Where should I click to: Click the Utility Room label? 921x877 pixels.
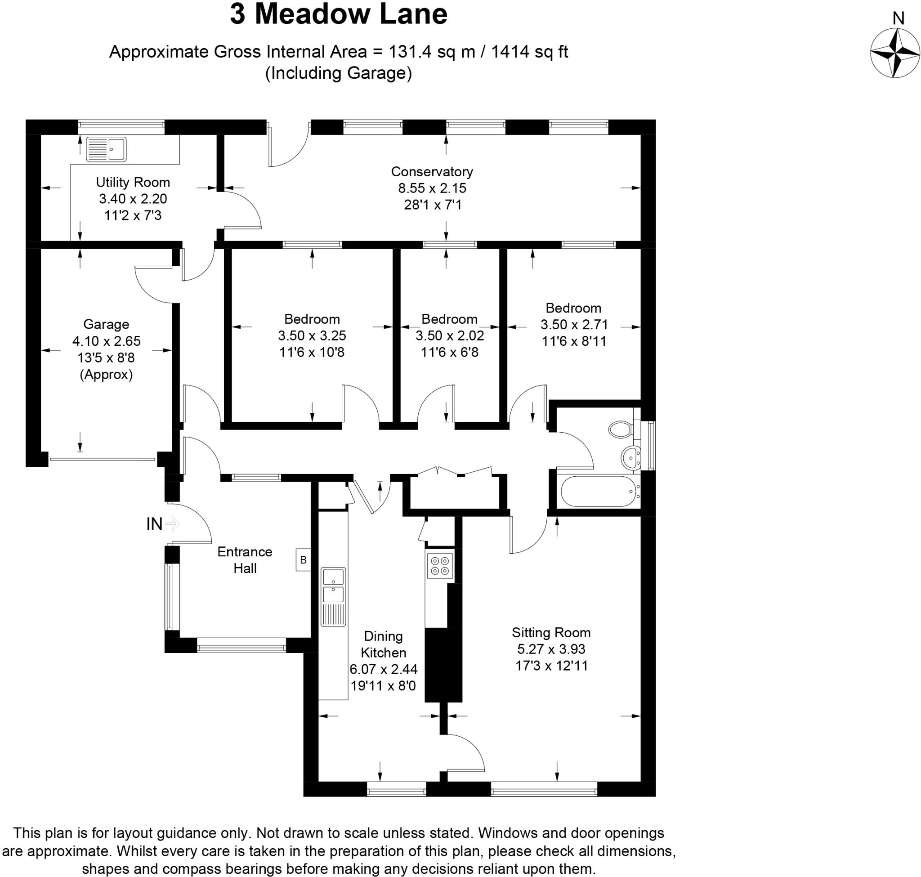coord(133,182)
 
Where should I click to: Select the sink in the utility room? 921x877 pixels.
coord(106,149)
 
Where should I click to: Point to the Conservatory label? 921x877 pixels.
coord(432,171)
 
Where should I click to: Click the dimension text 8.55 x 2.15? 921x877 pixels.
coord(432,188)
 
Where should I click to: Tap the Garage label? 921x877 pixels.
coord(106,324)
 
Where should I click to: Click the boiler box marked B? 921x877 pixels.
coord(303,559)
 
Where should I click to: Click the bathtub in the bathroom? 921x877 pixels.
coord(599,491)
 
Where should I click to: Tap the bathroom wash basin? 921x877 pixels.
coord(630,457)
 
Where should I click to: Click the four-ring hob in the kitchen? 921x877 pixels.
coord(439,566)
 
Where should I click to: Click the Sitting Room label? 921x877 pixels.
coord(551,632)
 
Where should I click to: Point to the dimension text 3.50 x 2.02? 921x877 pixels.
coord(449,335)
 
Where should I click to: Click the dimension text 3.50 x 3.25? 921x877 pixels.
coord(312,335)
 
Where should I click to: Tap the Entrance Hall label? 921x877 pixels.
coord(245,559)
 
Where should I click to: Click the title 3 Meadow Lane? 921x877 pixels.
coord(339,14)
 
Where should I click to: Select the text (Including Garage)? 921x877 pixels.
coord(339,73)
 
